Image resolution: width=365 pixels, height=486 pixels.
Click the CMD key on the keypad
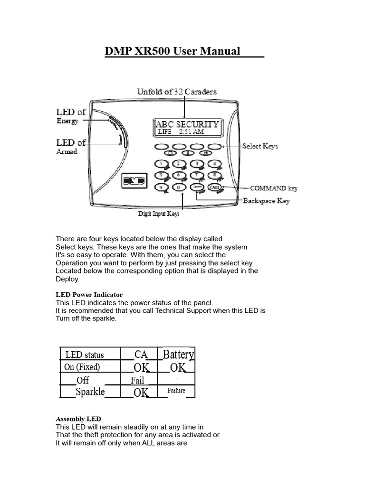pyautogui.click(x=214, y=188)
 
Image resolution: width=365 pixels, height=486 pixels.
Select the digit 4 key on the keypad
pyautogui.click(x=214, y=164)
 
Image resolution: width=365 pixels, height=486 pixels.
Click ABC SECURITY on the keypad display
pyautogui.click(x=187, y=124)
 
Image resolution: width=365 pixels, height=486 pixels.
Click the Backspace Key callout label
pyautogui.click(x=266, y=201)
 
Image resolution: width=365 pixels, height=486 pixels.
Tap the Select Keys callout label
pyautogui.click(x=260, y=146)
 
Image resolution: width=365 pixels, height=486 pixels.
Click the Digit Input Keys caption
pyautogui.click(x=159, y=214)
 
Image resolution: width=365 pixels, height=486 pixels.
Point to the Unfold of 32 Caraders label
pyautogui.click(x=177, y=92)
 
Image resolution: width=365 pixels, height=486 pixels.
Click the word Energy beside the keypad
pyautogui.click(x=67, y=121)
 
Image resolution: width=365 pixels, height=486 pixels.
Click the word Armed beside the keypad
pyautogui.click(x=67, y=152)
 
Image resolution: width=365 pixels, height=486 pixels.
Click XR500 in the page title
pyautogui.click(x=153, y=51)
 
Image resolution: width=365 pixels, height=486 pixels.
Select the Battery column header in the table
pyautogui.click(x=178, y=354)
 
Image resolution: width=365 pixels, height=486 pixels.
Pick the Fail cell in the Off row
pyautogui.click(x=137, y=380)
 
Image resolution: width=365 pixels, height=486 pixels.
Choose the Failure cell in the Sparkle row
pyautogui.click(x=176, y=391)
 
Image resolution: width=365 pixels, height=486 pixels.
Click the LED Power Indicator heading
pyautogui.click(x=89, y=295)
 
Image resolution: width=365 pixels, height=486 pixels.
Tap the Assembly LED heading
pyautogui.click(x=78, y=419)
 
